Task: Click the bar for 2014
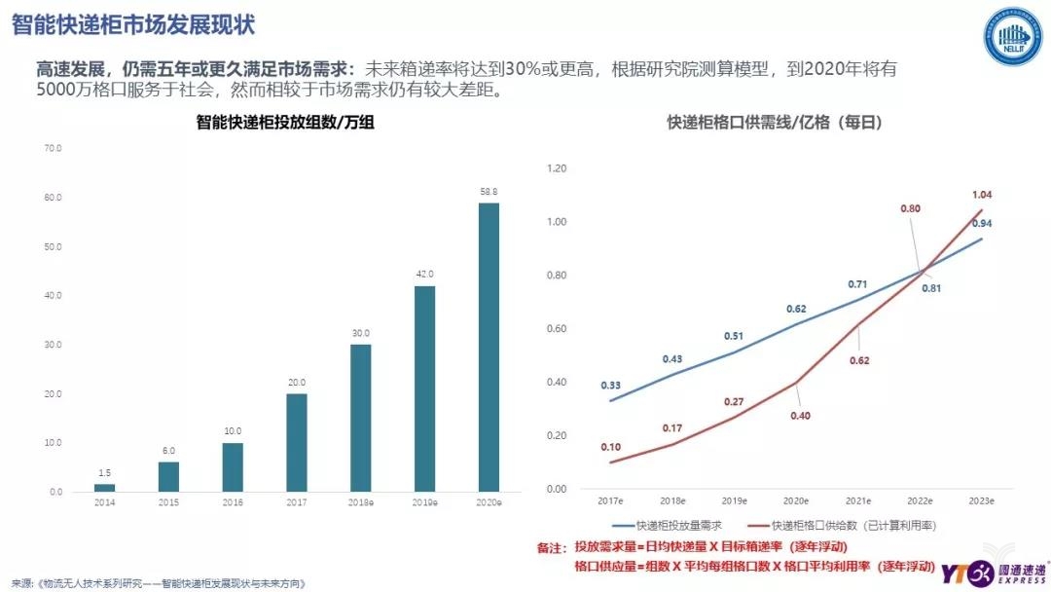(x=104, y=487)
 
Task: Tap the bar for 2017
(x=296, y=442)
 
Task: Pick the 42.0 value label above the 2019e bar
(x=424, y=274)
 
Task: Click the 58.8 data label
(x=489, y=191)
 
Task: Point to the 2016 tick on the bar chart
(x=233, y=502)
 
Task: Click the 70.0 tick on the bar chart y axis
(x=53, y=149)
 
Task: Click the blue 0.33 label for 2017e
(x=611, y=385)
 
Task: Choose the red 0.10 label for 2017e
(x=611, y=447)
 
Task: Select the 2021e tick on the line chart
(x=857, y=499)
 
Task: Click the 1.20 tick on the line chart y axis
(x=557, y=168)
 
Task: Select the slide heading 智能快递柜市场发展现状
(x=134, y=24)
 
